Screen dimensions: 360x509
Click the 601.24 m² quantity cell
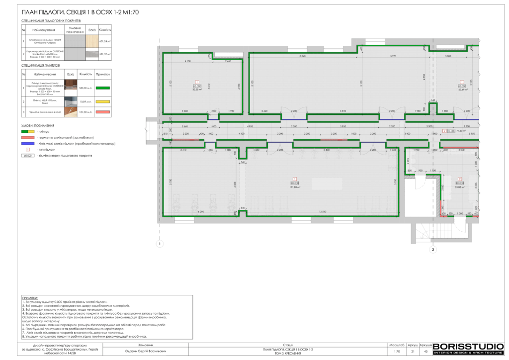pyautogui.click(x=105, y=41)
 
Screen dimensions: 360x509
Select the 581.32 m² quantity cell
pyautogui.click(x=105, y=54)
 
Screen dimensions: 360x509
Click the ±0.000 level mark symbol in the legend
pyautogui.click(x=28, y=155)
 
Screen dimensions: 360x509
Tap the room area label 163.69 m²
pyautogui.click(x=462, y=90)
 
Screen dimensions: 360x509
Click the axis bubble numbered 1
pyautogui.click(x=159, y=244)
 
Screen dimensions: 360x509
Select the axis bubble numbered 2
pyautogui.click(x=433, y=250)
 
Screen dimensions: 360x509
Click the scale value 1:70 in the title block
pyautogui.click(x=397, y=352)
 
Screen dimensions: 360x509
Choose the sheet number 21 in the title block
pyautogui.click(x=412, y=352)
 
